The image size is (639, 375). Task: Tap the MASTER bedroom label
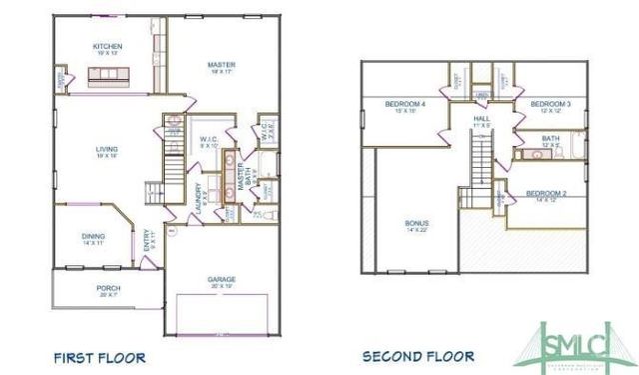point(221,66)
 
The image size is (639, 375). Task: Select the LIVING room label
point(107,149)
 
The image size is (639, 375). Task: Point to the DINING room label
point(93,236)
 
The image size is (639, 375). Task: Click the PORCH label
point(108,289)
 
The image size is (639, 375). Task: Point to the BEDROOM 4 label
point(406,104)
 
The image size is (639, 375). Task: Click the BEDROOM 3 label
point(550,104)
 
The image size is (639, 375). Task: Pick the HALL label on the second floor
point(481,118)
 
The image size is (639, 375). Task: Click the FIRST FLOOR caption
point(99,356)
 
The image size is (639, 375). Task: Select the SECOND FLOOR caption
point(417,356)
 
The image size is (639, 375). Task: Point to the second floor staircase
point(482,160)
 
